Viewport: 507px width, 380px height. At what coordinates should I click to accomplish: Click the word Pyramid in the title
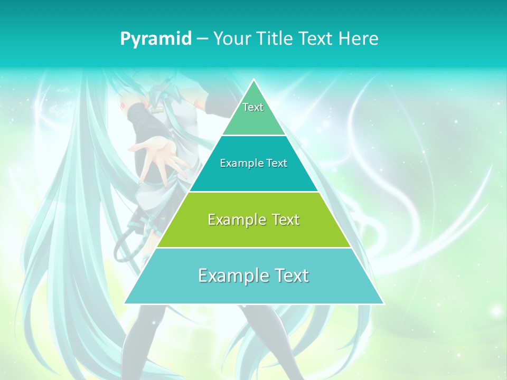tap(156, 39)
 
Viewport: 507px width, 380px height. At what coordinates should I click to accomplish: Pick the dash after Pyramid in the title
tap(202, 39)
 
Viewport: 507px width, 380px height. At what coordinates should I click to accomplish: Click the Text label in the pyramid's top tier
tap(253, 107)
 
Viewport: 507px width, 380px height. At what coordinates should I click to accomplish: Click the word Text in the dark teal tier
tap(276, 163)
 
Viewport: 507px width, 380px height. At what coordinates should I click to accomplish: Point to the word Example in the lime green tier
tap(234, 220)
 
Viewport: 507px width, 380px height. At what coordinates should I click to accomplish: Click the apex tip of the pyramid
tap(254, 80)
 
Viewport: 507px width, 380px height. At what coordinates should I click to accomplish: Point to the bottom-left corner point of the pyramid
tap(125, 303)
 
